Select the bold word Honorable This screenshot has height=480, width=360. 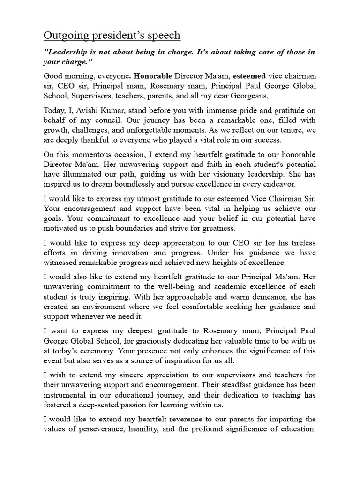click(x=154, y=76)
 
